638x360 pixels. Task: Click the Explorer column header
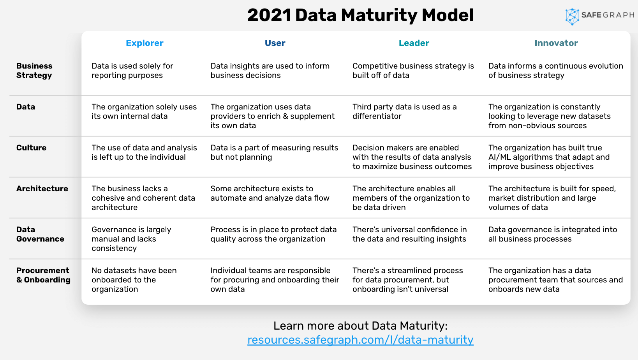145,43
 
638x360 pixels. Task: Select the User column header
275,43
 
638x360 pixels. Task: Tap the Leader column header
414,43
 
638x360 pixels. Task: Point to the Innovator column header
556,43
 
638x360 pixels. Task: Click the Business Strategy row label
34,71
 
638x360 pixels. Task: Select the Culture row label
31,148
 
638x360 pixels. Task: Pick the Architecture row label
42,189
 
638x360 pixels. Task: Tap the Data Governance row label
40,234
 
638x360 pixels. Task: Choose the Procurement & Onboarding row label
43,275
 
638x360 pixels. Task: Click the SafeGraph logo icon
572,16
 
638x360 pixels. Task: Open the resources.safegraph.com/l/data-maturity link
360,340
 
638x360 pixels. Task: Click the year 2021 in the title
269,16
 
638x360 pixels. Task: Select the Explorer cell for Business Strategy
132,71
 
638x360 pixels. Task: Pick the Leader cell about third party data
404,111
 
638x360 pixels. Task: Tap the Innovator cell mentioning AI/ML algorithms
549,157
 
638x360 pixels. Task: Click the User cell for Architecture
270,193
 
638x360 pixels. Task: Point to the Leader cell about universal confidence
409,234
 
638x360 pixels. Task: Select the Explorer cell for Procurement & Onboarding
134,280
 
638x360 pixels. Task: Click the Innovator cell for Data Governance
553,234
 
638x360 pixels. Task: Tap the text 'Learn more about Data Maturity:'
360,326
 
